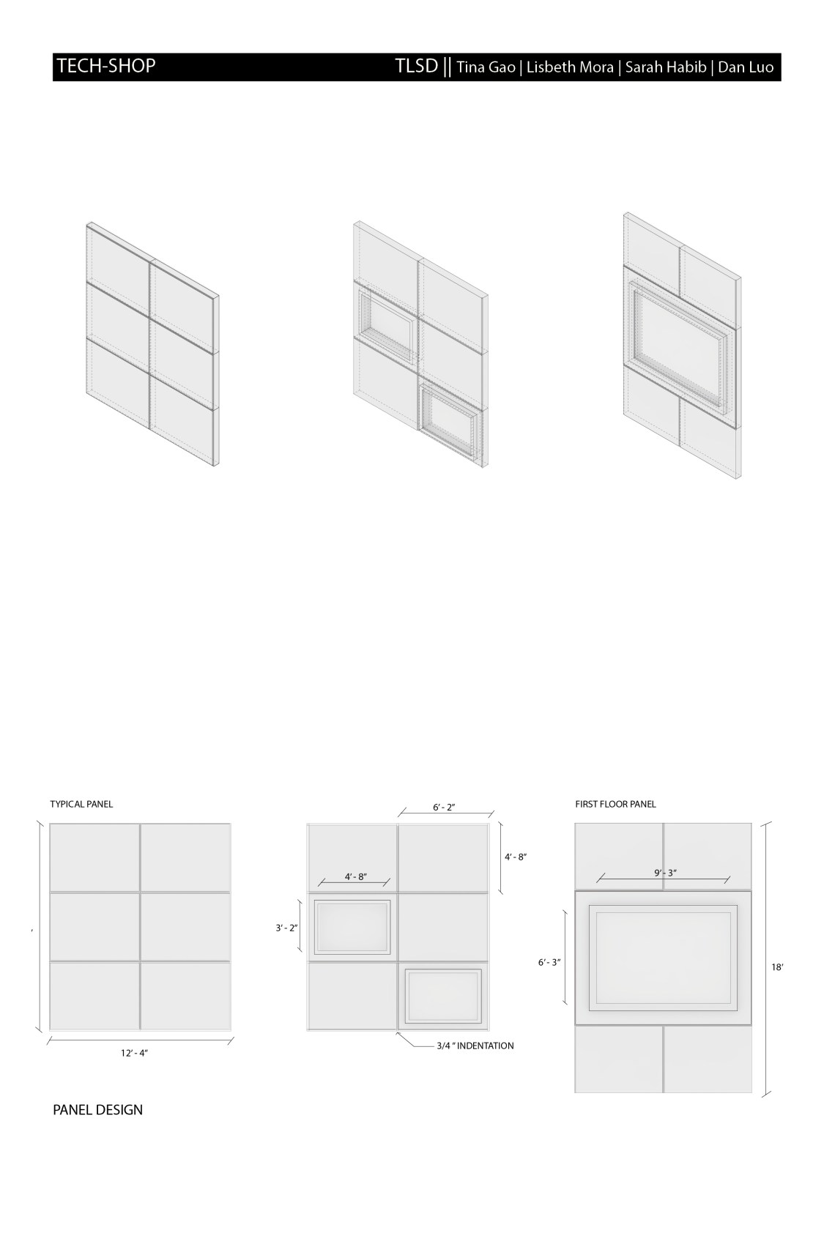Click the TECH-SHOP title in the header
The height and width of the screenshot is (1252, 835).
click(106, 66)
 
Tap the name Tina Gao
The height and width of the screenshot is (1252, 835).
click(486, 67)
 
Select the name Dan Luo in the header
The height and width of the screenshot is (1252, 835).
click(746, 67)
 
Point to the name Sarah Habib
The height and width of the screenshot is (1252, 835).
click(665, 67)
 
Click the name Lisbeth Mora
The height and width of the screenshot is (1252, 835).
click(570, 67)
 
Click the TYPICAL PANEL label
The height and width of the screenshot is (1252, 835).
click(81, 804)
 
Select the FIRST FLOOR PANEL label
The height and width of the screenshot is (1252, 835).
click(615, 804)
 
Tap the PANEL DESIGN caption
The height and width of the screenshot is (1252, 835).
click(97, 1110)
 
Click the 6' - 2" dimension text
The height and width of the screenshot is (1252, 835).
click(444, 808)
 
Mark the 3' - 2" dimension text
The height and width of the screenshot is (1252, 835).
click(286, 928)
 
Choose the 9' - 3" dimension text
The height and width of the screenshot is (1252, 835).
click(665, 873)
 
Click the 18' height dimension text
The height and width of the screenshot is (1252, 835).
click(777, 967)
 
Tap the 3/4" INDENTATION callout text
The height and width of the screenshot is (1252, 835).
click(475, 1046)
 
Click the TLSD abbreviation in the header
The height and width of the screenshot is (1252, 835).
click(417, 67)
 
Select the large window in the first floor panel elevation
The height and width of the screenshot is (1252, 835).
click(663, 958)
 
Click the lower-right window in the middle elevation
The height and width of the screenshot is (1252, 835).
click(442, 996)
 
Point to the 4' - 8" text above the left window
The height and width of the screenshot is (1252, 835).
click(355, 876)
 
